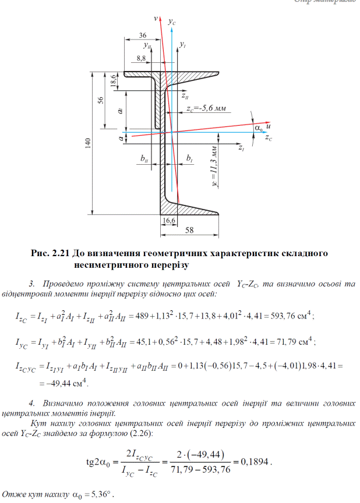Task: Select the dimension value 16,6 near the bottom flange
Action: [169, 221]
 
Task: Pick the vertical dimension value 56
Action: [101, 100]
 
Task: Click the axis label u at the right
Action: [269, 126]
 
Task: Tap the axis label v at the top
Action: [156, 19]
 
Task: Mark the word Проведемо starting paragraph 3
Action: [65, 284]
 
